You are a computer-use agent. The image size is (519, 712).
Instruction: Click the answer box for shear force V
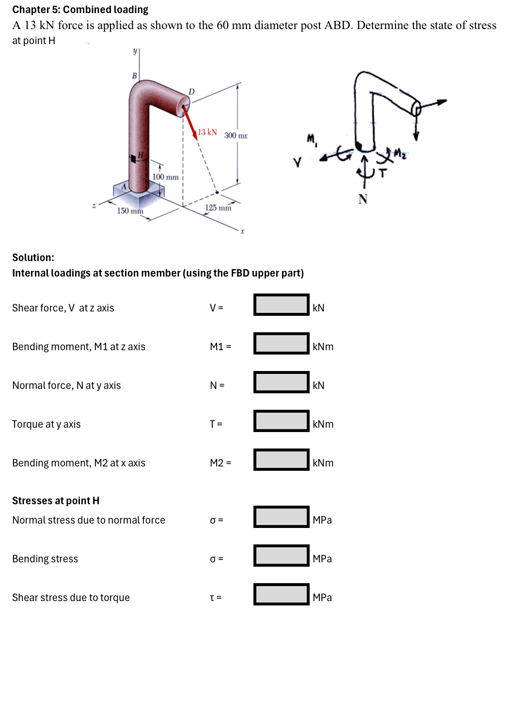pyautogui.click(x=281, y=305)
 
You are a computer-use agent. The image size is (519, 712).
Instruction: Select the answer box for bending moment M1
pyautogui.click(x=281, y=343)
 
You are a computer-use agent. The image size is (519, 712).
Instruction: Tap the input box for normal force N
pyautogui.click(x=281, y=382)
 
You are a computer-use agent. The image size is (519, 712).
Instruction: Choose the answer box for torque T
pyautogui.click(x=281, y=421)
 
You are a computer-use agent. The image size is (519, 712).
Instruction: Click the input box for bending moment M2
pyautogui.click(x=281, y=460)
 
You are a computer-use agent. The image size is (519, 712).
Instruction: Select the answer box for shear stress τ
pyautogui.click(x=281, y=594)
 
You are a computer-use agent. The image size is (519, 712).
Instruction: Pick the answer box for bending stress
pyautogui.click(x=281, y=556)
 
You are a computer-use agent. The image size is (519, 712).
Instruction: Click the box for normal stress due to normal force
pyautogui.click(x=281, y=517)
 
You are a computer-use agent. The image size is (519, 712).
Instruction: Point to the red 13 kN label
pyautogui.click(x=207, y=132)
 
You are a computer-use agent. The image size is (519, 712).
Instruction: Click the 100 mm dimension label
pyautogui.click(x=165, y=177)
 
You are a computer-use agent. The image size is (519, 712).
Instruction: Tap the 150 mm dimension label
pyautogui.click(x=130, y=211)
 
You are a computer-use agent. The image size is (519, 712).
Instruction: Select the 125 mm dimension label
pyautogui.click(x=218, y=208)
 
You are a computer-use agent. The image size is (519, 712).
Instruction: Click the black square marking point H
pyautogui.click(x=133, y=158)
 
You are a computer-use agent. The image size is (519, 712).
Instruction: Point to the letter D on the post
pyautogui.click(x=191, y=92)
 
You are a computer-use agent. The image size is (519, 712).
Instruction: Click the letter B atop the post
pyautogui.click(x=134, y=76)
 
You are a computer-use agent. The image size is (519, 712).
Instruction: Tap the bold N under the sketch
pyautogui.click(x=363, y=199)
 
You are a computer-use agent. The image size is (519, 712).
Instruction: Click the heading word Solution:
pyautogui.click(x=33, y=258)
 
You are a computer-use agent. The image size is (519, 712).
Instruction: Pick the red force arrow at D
pyautogui.click(x=189, y=123)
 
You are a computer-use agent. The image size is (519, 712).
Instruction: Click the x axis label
pyautogui.click(x=242, y=232)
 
